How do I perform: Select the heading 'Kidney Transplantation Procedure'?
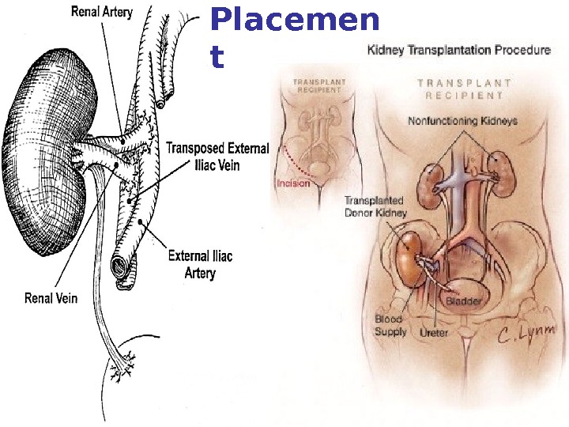[458, 51]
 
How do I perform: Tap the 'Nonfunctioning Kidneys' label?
[462, 121]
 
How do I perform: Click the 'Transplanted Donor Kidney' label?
[375, 207]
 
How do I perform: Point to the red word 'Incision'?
[293, 183]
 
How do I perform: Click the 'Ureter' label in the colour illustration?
[433, 333]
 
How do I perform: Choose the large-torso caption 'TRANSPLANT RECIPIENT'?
[464, 88]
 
